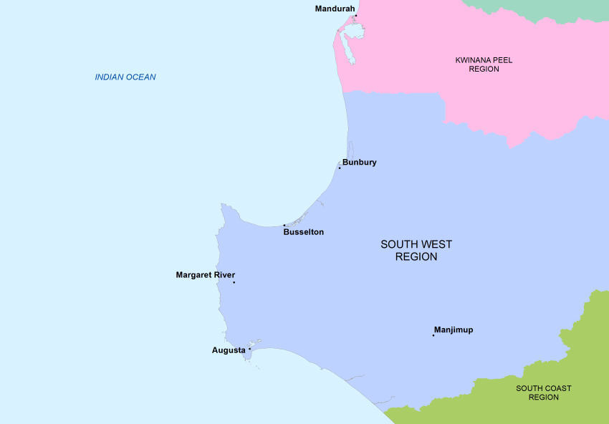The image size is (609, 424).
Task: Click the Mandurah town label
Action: click(x=335, y=9)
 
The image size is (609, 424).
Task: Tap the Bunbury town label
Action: click(x=359, y=163)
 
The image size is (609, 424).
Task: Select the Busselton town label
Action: click(x=303, y=232)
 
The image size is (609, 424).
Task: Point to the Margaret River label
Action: click(x=205, y=275)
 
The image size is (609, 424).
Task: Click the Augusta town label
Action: click(x=229, y=350)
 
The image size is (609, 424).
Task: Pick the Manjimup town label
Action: click(x=454, y=330)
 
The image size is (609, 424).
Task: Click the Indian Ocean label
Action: click(x=125, y=77)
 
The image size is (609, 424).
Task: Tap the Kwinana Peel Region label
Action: click(x=484, y=64)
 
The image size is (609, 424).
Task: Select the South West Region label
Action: click(x=416, y=250)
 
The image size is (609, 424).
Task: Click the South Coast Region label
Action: click(x=544, y=392)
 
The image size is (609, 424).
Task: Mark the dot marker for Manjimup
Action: click(x=433, y=335)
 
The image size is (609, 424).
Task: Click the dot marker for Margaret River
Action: click(x=234, y=282)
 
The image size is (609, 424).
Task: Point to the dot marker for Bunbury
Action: click(x=340, y=168)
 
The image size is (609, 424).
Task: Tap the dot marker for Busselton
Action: click(x=284, y=225)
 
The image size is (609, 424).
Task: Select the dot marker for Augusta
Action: click(x=249, y=350)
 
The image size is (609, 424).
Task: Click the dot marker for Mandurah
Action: click(x=356, y=16)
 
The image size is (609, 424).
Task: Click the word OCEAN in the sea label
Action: click(x=140, y=77)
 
